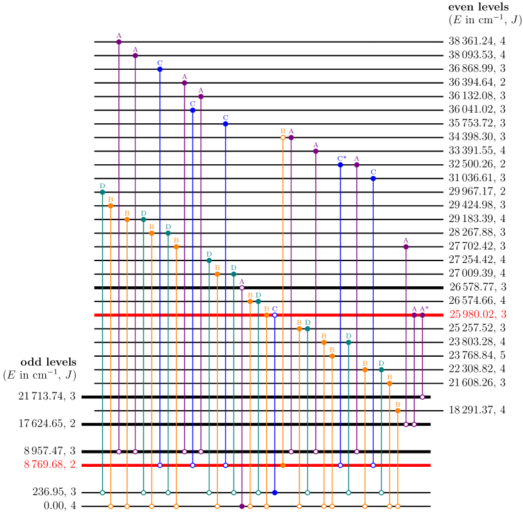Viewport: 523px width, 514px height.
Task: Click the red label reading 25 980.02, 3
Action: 477,315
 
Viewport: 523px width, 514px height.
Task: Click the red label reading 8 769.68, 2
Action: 50,464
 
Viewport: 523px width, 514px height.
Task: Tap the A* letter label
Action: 424,309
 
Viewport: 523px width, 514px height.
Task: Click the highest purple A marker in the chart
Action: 119,42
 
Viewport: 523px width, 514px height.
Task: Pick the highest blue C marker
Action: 160,69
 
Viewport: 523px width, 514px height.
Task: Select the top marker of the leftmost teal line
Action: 103,192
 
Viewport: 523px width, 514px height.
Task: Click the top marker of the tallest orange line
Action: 283,137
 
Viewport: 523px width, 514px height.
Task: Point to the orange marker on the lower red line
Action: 283,465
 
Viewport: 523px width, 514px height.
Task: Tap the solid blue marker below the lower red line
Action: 274,493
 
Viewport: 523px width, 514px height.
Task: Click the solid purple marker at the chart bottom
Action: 242,506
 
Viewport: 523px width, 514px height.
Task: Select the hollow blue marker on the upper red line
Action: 274,315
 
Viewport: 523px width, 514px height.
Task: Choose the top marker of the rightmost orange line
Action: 398,411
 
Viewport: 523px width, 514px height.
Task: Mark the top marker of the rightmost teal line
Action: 381,369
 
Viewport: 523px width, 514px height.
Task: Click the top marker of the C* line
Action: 340,165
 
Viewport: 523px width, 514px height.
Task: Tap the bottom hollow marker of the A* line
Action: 422,397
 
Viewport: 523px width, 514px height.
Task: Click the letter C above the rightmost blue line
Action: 373,172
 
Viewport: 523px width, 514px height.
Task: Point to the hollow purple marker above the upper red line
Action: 242,288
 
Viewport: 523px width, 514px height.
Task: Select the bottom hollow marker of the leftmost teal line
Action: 103,493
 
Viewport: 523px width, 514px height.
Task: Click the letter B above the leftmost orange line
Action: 111,199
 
